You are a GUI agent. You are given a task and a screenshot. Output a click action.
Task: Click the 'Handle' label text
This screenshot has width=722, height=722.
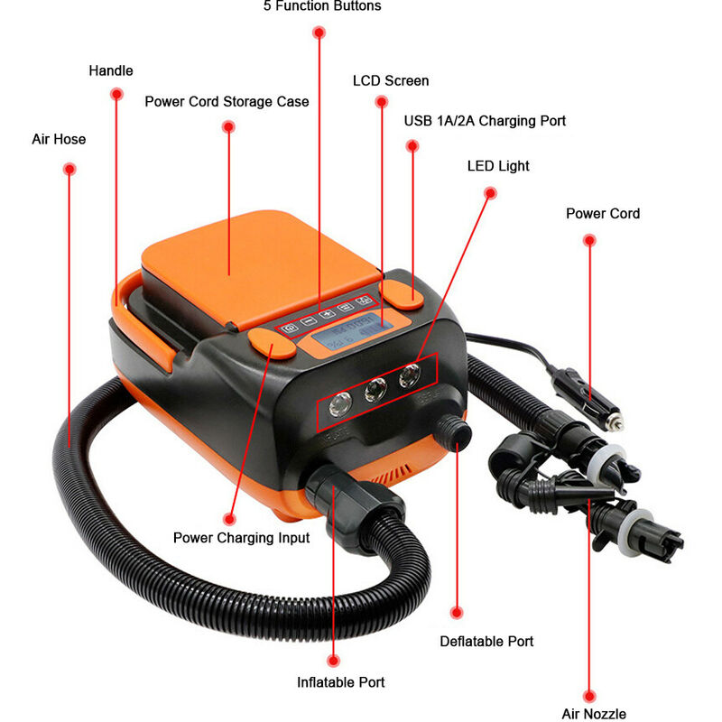click(111, 70)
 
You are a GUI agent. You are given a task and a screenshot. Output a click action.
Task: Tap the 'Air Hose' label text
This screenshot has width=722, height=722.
click(60, 140)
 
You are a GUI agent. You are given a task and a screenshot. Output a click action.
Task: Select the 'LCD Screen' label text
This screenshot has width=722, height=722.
click(391, 80)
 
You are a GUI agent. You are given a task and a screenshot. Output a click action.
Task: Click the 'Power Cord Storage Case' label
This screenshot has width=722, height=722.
click(227, 101)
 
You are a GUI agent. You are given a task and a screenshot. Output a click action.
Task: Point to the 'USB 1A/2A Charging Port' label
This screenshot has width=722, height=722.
click(485, 120)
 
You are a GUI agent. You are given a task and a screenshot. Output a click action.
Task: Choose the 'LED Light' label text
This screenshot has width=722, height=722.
click(498, 166)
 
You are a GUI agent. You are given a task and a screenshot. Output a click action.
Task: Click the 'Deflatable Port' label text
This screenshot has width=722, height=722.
click(486, 642)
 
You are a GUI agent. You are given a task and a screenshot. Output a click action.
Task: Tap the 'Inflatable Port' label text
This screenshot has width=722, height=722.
click(341, 682)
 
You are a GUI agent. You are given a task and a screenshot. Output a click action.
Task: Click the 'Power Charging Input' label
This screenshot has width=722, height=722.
click(242, 538)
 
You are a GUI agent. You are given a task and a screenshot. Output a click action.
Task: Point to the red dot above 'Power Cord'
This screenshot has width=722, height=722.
click(589, 240)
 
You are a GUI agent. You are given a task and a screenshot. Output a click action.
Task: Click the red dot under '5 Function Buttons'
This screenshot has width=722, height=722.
click(319, 32)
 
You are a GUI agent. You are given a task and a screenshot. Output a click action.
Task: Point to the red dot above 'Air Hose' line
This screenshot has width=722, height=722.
click(69, 168)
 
